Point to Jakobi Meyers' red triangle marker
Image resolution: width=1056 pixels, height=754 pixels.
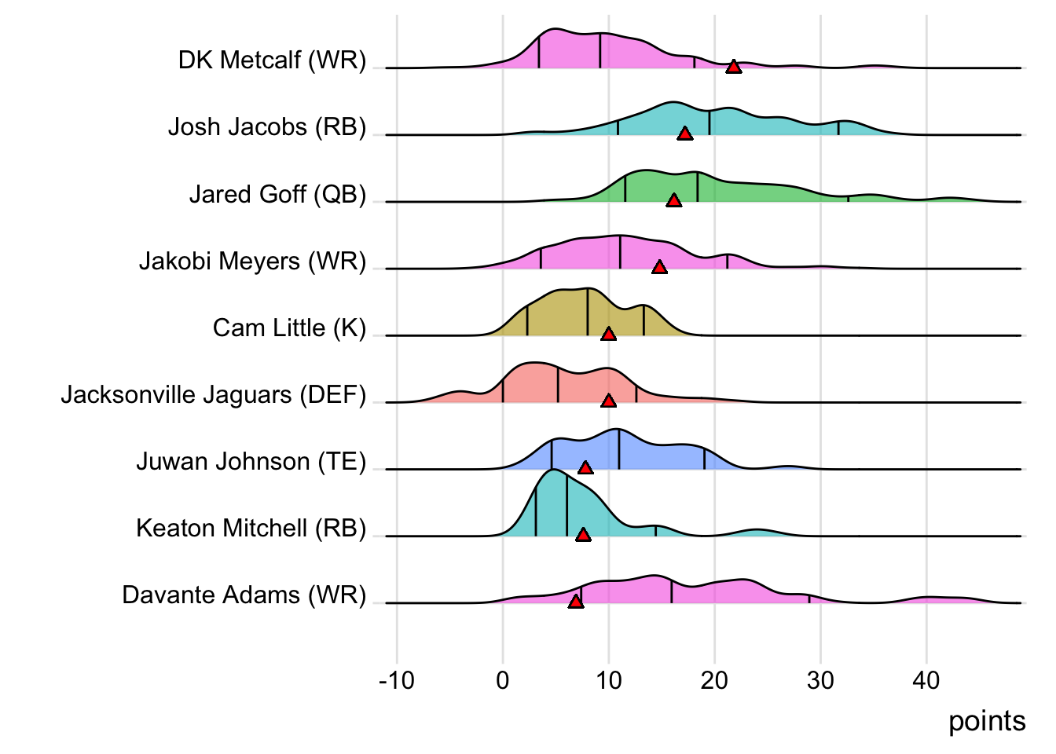pyautogui.click(x=659, y=268)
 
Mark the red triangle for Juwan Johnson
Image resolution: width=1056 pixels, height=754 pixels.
pyautogui.click(x=585, y=468)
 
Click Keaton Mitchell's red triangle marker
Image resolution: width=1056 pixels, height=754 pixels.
pyautogui.click(x=583, y=535)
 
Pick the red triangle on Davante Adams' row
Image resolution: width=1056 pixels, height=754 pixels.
pyautogui.click(x=576, y=602)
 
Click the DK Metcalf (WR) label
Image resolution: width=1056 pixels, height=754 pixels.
pyautogui.click(x=272, y=60)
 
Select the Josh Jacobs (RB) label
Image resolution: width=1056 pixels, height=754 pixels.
pyautogui.click(x=267, y=127)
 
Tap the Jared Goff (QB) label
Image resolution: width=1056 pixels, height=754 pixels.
pyautogui.click(x=277, y=194)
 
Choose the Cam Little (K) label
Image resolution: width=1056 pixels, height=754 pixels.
pyautogui.click(x=289, y=328)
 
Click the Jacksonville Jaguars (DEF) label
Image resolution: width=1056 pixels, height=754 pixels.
pyautogui.click(x=214, y=394)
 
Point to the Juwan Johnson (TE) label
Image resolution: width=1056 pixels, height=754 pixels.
pyautogui.click(x=251, y=461)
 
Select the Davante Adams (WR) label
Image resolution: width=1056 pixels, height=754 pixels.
pyautogui.click(x=244, y=595)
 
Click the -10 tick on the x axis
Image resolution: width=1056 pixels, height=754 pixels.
pyautogui.click(x=397, y=680)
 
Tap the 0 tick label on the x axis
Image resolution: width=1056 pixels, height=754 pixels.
pyautogui.click(x=503, y=680)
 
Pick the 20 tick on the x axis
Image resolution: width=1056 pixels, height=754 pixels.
pyautogui.click(x=714, y=680)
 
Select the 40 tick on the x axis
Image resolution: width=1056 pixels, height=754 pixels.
pyautogui.click(x=926, y=680)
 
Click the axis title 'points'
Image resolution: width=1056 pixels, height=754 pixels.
pyautogui.click(x=987, y=721)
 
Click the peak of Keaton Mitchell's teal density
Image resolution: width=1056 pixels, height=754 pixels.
pyautogui.click(x=554, y=470)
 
